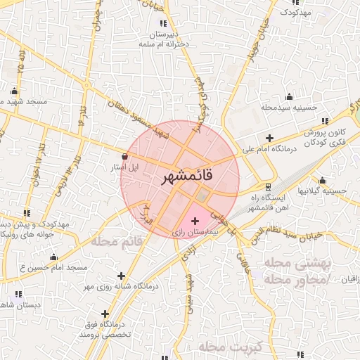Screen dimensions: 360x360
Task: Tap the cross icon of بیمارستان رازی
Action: (195, 221)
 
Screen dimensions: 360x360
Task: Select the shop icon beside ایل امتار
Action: (125, 157)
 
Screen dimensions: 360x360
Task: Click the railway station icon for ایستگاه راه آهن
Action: (268, 187)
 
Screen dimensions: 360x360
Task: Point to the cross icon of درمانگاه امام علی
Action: (269, 138)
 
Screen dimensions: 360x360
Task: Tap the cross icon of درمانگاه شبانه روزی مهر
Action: (122, 276)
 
